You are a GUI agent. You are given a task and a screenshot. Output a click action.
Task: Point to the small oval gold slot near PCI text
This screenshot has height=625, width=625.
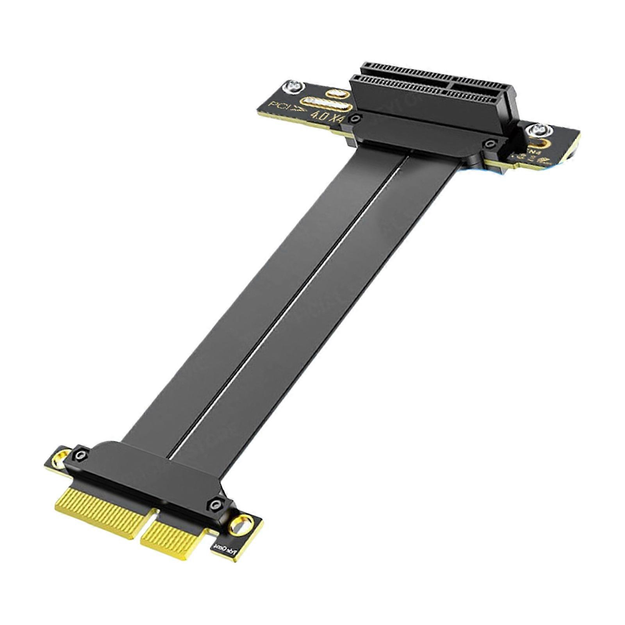(x=338, y=94)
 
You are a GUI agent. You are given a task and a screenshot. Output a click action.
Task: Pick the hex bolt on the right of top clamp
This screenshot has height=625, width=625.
(x=489, y=145)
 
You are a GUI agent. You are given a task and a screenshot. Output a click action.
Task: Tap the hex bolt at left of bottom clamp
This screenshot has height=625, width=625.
(x=81, y=454)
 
